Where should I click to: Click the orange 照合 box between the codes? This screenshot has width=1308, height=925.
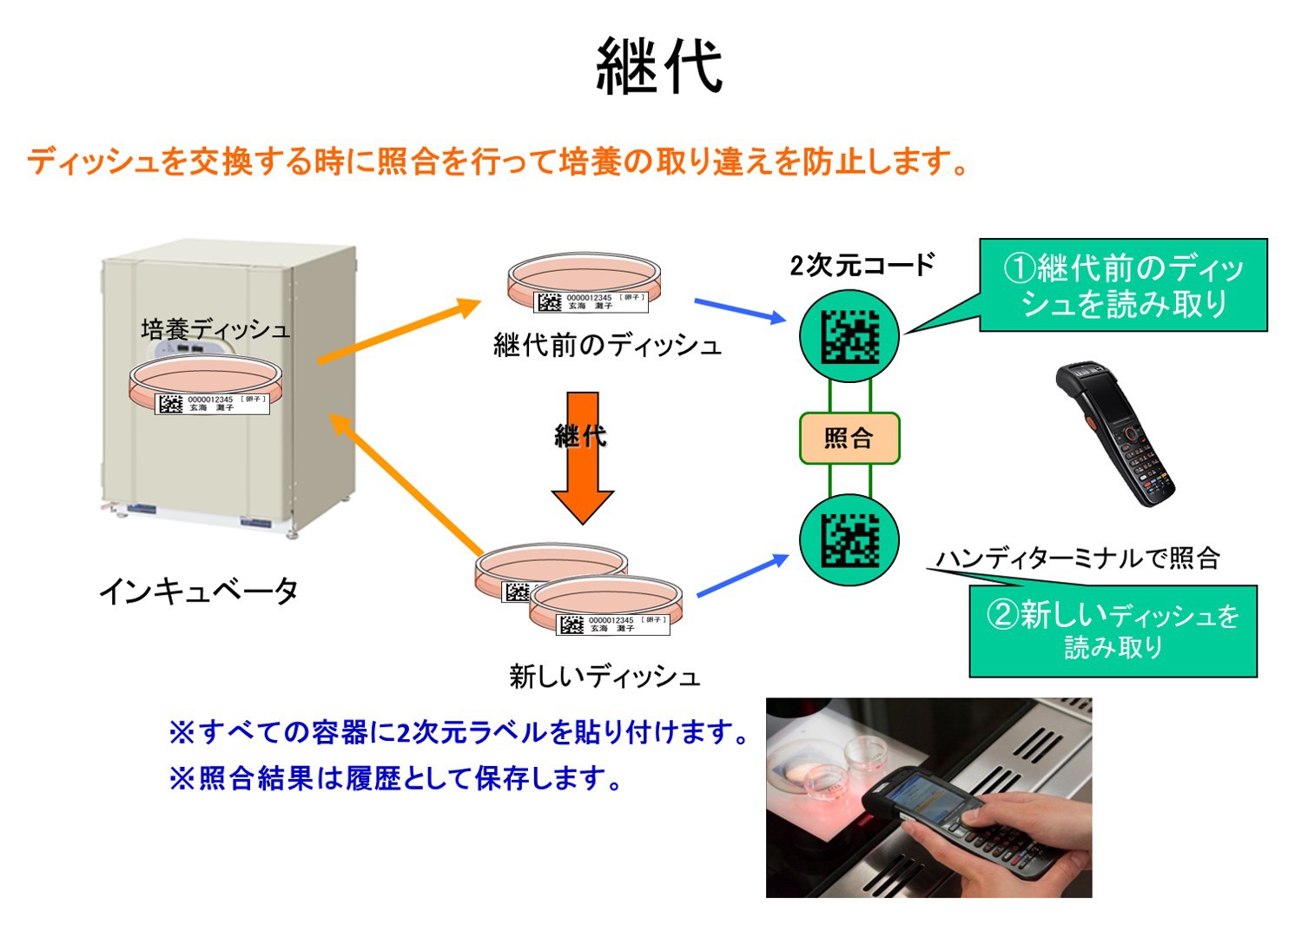pyautogui.click(x=849, y=439)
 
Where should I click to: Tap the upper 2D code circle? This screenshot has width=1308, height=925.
pyautogui.click(x=849, y=336)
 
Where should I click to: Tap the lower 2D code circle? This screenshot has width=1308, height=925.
pyautogui.click(x=849, y=539)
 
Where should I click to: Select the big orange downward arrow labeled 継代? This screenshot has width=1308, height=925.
pyautogui.click(x=582, y=460)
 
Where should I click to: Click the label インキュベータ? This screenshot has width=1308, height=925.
pyautogui.click(x=199, y=591)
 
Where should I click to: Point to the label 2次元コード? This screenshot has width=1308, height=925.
pyautogui.click(x=862, y=265)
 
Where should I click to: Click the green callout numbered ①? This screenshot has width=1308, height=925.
pyautogui.click(x=1123, y=285)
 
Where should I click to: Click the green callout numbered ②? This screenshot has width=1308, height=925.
pyautogui.click(x=1113, y=631)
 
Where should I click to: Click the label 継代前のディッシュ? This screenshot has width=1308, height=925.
pyautogui.click(x=607, y=346)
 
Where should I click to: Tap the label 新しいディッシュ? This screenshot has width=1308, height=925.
pyautogui.click(x=604, y=676)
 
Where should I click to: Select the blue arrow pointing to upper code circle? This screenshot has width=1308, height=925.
pyautogui.click(x=739, y=311)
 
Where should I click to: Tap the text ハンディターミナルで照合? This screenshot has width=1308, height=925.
pyautogui.click(x=1078, y=558)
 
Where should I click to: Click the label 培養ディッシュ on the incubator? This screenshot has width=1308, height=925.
pyautogui.click(x=215, y=329)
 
